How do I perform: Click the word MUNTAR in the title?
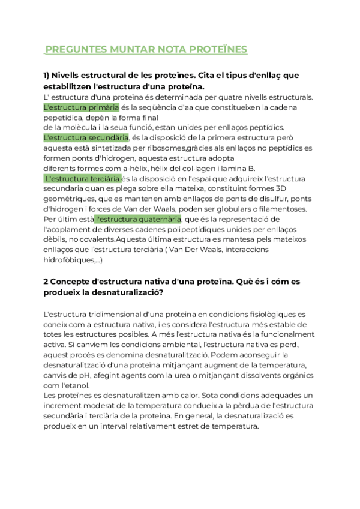(131, 49)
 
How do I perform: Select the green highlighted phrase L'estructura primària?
(82, 107)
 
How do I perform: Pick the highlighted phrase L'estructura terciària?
(83, 179)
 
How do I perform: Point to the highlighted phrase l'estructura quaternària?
(137, 219)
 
